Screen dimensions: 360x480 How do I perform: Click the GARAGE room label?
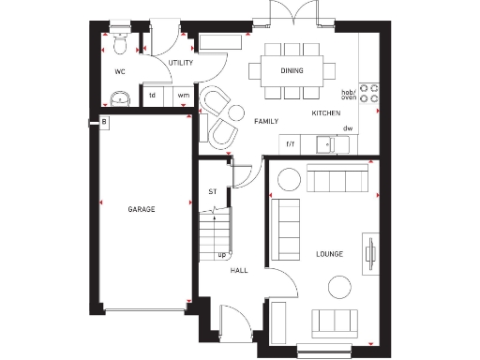click(142, 209)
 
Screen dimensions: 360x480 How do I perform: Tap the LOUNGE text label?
click(329, 254)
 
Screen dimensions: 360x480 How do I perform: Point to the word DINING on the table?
click(292, 70)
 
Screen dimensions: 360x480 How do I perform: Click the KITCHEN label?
click(325, 113)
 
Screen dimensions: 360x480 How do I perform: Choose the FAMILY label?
click(266, 122)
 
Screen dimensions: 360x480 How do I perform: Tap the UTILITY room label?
click(180, 63)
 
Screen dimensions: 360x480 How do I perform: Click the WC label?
click(120, 70)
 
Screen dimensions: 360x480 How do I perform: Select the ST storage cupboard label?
click(212, 193)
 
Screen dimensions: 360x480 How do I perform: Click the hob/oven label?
click(349, 94)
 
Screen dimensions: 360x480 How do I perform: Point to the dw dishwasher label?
click(347, 128)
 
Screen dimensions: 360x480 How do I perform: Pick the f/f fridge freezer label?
click(291, 143)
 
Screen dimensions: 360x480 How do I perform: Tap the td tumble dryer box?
click(153, 95)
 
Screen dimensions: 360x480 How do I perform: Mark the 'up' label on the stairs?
click(222, 253)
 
